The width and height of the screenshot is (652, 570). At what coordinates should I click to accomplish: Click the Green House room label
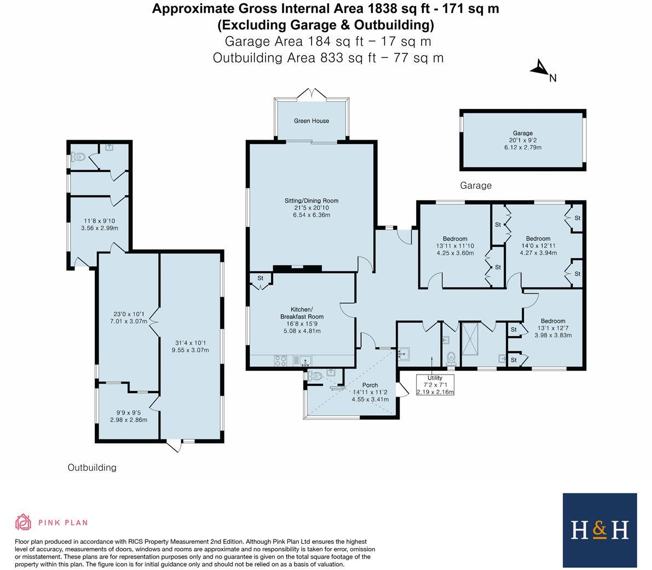coord(311,120)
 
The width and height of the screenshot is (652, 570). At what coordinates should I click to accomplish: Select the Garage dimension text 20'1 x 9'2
coord(523,140)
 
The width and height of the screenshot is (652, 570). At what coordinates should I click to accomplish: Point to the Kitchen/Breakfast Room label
coord(302,313)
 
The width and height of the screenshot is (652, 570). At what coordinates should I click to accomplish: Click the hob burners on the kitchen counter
coord(281,360)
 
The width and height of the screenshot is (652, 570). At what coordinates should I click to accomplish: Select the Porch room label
coord(370,385)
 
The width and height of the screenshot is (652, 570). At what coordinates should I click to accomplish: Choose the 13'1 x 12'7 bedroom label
coord(553,321)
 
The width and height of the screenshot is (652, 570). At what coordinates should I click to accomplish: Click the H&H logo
coord(600,530)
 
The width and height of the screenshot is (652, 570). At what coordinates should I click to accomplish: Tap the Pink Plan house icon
coord(23,522)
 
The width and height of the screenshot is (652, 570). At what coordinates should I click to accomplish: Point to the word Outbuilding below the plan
coord(92,468)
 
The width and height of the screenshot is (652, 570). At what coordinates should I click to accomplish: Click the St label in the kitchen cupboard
coord(261,279)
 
